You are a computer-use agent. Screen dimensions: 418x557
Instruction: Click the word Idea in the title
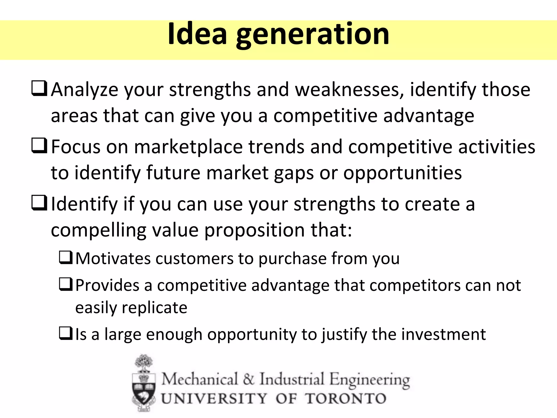[x=197, y=34]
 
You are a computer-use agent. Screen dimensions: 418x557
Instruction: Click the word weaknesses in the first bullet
[x=349, y=90]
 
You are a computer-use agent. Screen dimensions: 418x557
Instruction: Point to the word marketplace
[x=188, y=147]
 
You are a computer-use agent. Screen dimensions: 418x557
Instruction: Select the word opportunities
[x=402, y=173]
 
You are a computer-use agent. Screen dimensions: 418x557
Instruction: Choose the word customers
[x=194, y=259]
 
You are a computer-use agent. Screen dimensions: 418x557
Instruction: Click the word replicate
[x=154, y=308]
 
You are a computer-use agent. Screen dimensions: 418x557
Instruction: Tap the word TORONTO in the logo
[x=346, y=399]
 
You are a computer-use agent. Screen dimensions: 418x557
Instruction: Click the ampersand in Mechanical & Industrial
[x=249, y=379]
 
